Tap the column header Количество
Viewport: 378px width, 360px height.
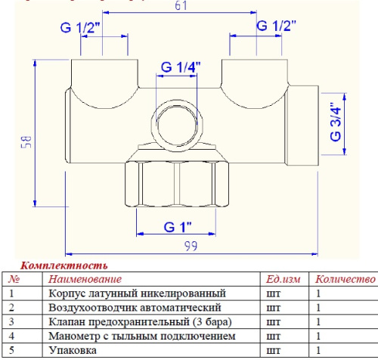345,280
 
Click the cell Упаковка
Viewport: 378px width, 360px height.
72,351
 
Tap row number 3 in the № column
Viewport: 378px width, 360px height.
12,322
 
